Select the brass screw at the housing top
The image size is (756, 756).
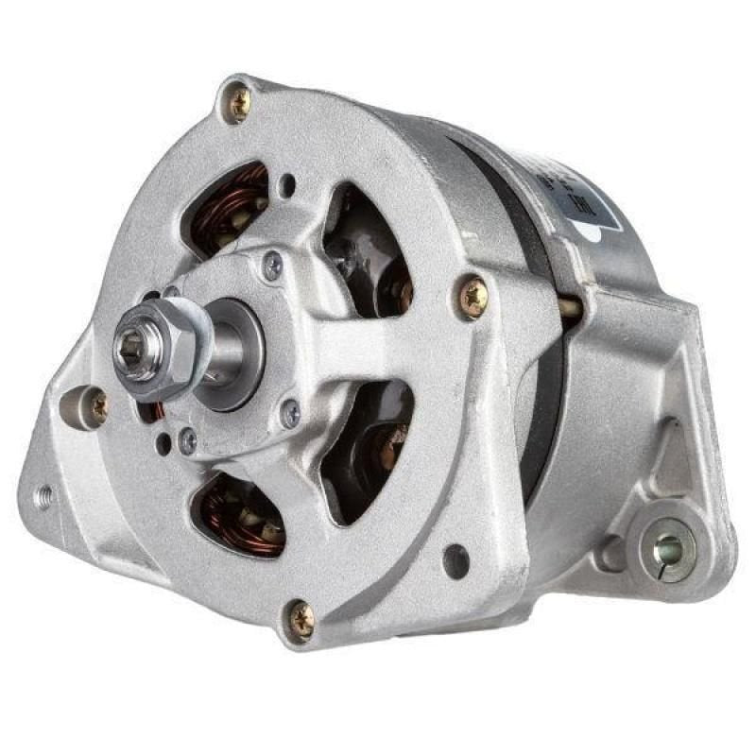tap(238, 103)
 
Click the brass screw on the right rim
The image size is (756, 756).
tap(472, 296)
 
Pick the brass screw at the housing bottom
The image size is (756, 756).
tap(301, 619)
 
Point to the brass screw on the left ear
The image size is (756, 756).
tap(97, 406)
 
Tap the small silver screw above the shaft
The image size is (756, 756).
tap(272, 266)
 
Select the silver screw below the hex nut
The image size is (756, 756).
tap(189, 439)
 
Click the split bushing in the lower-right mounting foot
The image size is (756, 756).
tap(669, 546)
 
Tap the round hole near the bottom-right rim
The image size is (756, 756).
tap(455, 561)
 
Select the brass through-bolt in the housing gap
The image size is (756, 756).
tap(570, 306)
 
